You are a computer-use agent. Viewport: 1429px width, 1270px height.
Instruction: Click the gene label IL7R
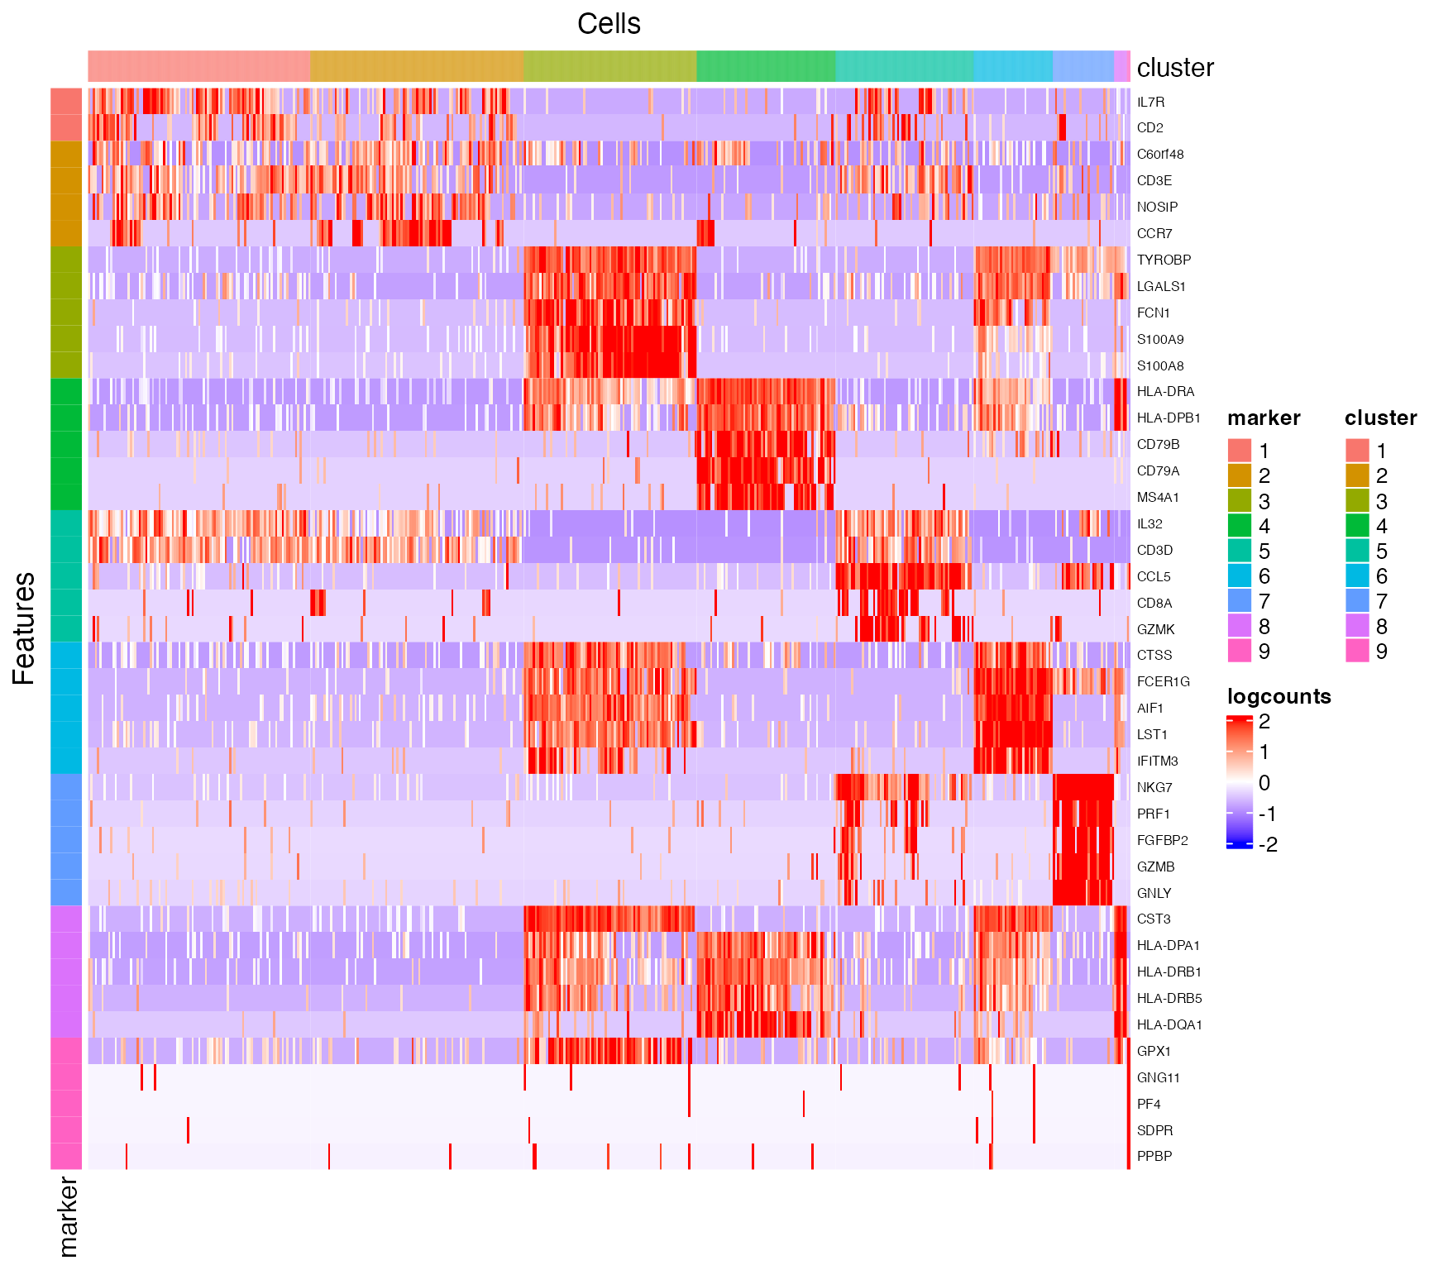point(1150,103)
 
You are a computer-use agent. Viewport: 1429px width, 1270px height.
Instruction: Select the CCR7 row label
point(1154,234)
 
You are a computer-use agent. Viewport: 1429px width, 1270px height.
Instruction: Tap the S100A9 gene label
point(1159,340)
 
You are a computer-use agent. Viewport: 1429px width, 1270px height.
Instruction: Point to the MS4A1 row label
point(1158,498)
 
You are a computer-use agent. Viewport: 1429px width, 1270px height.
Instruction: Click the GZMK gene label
point(1155,630)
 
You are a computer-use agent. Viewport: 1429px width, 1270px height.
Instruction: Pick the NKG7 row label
point(1154,788)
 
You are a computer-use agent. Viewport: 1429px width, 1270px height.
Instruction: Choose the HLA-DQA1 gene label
point(1169,1025)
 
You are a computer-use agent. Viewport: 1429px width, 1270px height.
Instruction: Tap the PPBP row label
point(1154,1157)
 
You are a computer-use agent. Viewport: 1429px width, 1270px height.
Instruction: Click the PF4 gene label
point(1149,1105)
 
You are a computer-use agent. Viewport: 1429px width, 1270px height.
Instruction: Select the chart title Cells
point(609,24)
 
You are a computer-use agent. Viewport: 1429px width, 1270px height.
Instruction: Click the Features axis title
point(24,628)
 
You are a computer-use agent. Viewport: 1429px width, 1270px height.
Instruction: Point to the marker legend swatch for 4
point(1240,526)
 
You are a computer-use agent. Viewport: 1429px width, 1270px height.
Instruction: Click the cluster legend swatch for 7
point(1357,601)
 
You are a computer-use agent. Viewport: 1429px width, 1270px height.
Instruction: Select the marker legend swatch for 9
point(1240,652)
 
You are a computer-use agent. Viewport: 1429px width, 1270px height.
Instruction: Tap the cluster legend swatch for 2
point(1357,475)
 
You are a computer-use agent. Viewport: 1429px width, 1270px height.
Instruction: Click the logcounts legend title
point(1278,696)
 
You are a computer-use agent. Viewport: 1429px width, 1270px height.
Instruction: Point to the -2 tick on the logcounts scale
point(1267,845)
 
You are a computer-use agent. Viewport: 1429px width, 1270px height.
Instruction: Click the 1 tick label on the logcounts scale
point(1264,752)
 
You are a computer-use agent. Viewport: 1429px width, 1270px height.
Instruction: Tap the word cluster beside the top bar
point(1175,68)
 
